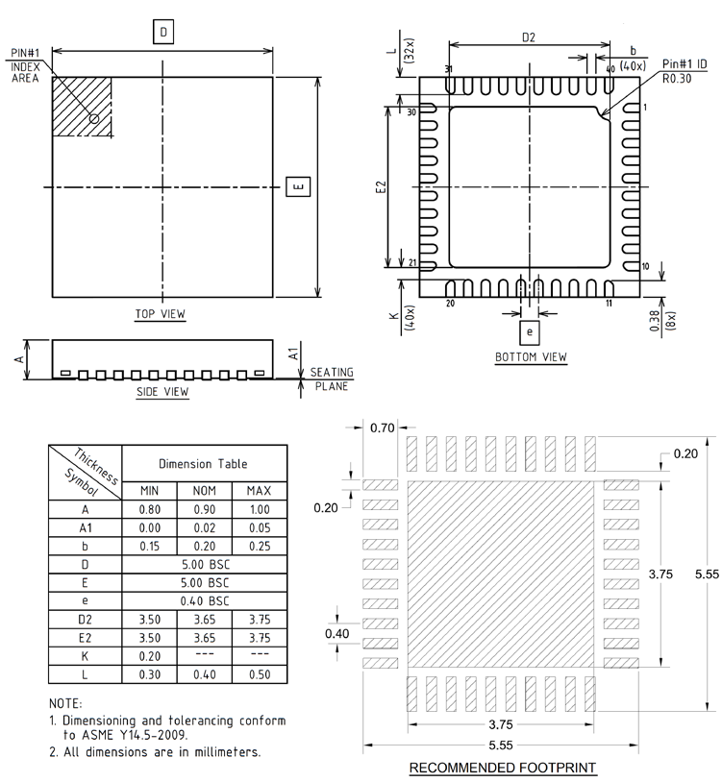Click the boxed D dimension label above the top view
tap(163, 32)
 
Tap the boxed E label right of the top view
tap(298, 186)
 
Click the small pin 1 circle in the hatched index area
tap(94, 119)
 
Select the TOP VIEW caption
tap(161, 314)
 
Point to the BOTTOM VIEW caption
tap(531, 357)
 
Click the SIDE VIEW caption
tap(162, 392)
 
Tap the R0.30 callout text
tap(677, 79)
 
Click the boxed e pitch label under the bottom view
tap(530, 332)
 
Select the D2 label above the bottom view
tap(529, 37)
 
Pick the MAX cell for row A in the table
tap(260, 510)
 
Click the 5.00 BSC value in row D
tap(205, 565)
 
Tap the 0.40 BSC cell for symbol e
tap(205, 601)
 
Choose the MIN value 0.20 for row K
tap(150, 656)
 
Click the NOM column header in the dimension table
tap(205, 491)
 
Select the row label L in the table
tap(85, 674)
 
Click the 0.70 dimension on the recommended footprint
tap(383, 428)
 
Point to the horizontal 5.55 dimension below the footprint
tap(501, 745)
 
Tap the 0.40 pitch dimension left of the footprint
tap(336, 633)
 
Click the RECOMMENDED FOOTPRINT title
tap(503, 768)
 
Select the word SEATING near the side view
tap(332, 372)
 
